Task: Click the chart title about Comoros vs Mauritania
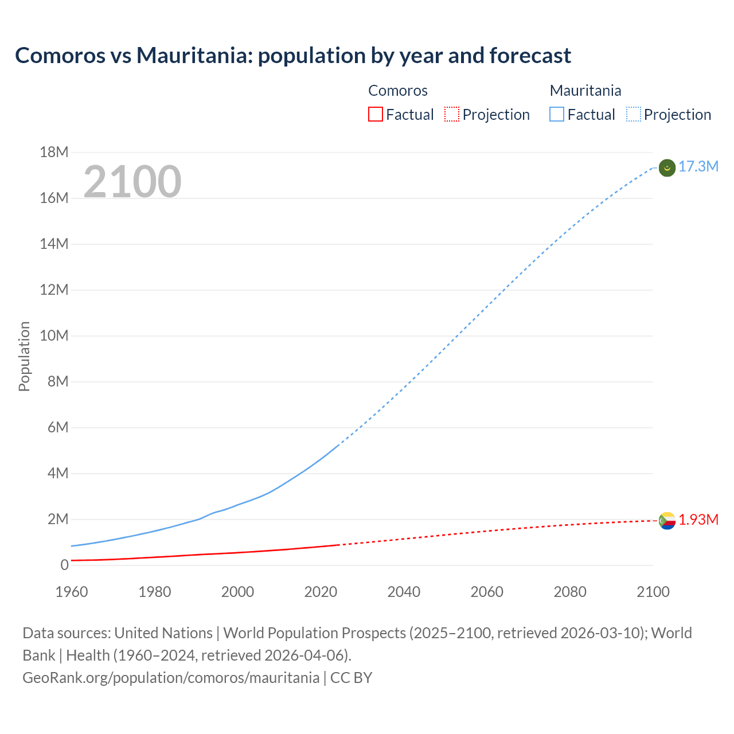(293, 56)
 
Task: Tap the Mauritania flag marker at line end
(667, 167)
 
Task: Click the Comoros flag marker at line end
(667, 521)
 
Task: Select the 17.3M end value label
(698, 167)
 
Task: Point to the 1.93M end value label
(698, 520)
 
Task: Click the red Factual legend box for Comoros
(375, 115)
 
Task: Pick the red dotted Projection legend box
(452, 115)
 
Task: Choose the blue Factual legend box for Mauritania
(557, 115)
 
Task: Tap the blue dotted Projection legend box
(633, 115)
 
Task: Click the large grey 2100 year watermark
(132, 182)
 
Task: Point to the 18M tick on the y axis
(54, 152)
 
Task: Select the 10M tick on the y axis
(54, 335)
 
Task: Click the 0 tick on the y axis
(64, 565)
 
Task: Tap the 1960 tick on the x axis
(72, 592)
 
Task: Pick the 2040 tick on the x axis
(404, 592)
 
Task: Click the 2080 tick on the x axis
(570, 592)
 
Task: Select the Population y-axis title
(24, 356)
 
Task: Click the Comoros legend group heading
(398, 91)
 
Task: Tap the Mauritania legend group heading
(585, 91)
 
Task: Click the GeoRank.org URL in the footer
(171, 678)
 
